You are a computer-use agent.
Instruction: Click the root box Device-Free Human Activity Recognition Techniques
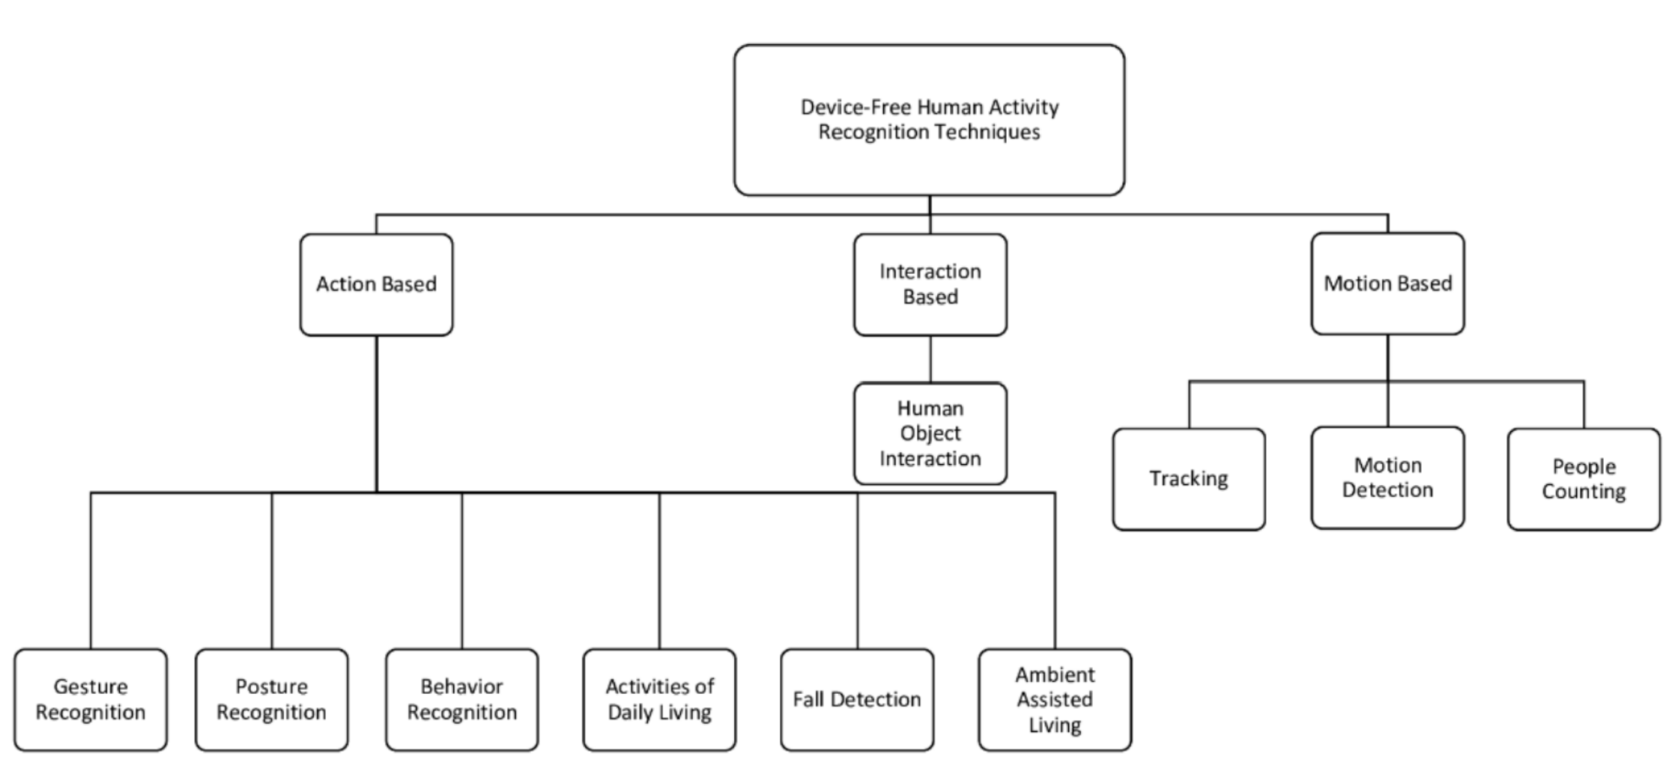[x=929, y=120]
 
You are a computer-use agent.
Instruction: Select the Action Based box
[x=376, y=284]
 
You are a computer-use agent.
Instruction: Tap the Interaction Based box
[x=930, y=284]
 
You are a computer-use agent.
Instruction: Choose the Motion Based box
[x=1387, y=284]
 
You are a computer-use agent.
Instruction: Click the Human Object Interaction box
[x=930, y=433]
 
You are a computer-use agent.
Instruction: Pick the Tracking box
[x=1189, y=479]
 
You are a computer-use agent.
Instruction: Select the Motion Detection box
[x=1387, y=478]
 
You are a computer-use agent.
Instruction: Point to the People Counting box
[x=1584, y=479]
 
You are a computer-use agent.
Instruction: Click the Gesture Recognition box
[x=91, y=700]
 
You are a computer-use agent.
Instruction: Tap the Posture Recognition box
[x=271, y=700]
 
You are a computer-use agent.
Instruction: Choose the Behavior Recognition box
[x=461, y=700]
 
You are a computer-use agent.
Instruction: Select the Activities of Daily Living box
[x=659, y=700]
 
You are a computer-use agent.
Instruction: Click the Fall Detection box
[x=857, y=700]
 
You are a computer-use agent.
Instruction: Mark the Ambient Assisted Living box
[x=1055, y=700]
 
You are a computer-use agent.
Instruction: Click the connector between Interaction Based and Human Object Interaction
[x=930, y=359]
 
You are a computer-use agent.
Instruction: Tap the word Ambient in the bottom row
[x=1055, y=674]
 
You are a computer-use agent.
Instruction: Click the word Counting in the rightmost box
[x=1584, y=492]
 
